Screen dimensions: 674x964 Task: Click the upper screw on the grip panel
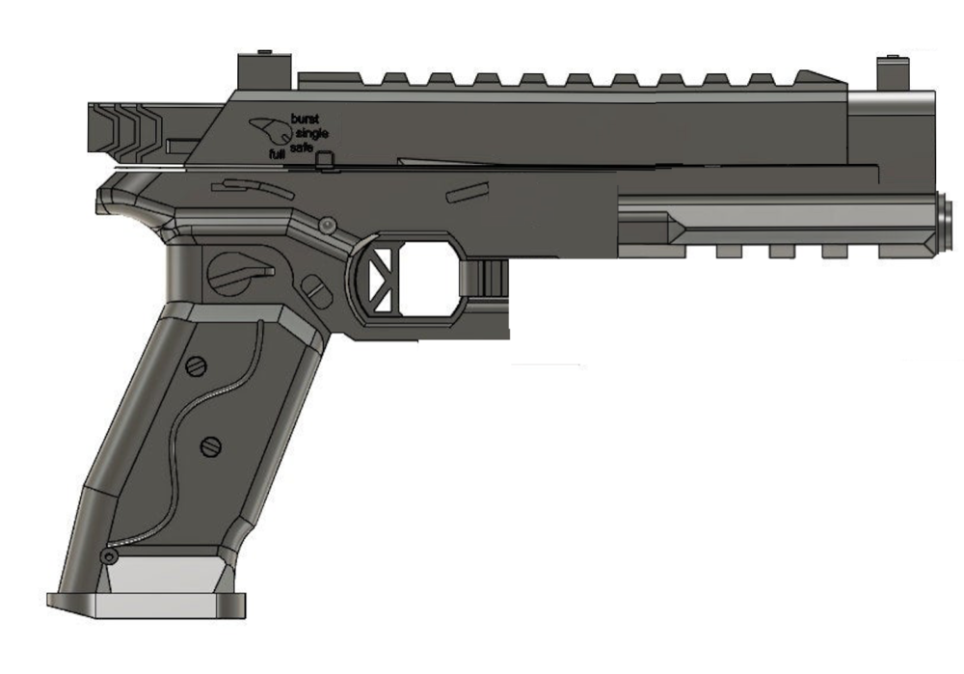[195, 365]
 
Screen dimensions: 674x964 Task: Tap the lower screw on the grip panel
[210, 446]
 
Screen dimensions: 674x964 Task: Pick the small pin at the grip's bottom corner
[110, 557]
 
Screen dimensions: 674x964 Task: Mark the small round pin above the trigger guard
[327, 224]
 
